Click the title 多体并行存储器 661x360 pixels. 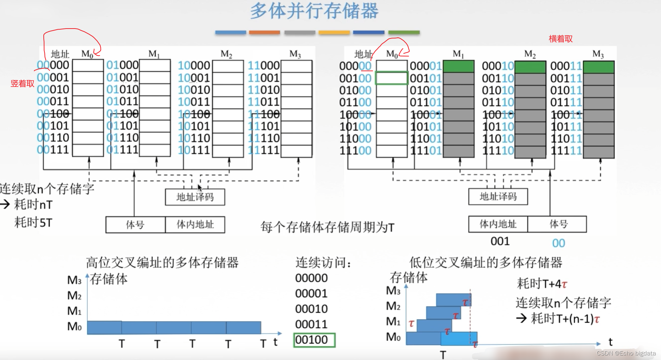314,11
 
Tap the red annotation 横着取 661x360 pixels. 561,39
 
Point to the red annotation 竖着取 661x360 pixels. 23,84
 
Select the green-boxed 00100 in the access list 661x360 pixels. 314,340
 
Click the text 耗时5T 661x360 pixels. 33,222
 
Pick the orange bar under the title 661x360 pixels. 264,32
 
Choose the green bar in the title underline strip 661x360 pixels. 404,32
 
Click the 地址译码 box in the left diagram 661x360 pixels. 195,197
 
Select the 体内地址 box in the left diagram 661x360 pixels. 195,225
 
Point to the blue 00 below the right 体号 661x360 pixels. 558,243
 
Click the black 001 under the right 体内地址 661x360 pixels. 500,242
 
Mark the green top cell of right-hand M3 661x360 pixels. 599,67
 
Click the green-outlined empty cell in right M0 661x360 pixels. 391,78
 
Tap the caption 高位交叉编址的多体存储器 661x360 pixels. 162,263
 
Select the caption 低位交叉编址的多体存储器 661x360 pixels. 485,263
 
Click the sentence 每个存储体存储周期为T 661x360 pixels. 327,227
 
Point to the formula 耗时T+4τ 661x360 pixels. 542,283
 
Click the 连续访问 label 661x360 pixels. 323,263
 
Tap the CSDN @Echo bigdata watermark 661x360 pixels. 626,353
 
